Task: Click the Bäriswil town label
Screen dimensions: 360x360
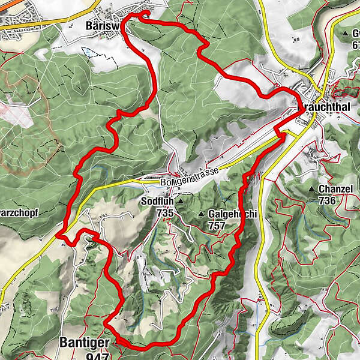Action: tap(103, 26)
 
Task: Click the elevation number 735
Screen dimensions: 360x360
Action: tap(165, 213)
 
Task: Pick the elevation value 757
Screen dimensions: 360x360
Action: tap(217, 226)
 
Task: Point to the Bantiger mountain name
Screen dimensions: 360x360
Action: tap(85, 343)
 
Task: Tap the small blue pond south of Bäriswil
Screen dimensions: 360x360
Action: tap(89, 53)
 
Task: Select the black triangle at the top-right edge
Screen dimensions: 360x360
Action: tap(347, 33)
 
